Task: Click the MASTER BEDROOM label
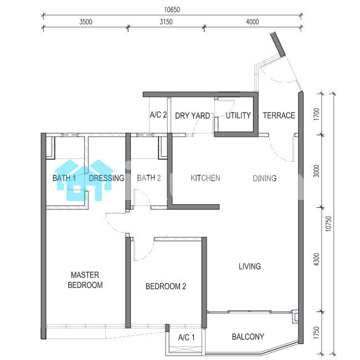pos(85,280)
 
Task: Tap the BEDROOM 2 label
pos(166,286)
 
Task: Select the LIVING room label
pos(250,266)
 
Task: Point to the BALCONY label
pos(248,337)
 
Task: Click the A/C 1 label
pos(186,337)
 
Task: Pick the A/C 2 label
pos(158,115)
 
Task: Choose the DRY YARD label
pos(193,116)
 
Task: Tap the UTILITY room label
pos(238,115)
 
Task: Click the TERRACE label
pos(279,115)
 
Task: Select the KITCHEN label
pos(205,178)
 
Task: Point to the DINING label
pos(265,178)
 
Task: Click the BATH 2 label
pos(149,178)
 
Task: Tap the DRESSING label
pos(106,178)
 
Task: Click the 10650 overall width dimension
pos(172,9)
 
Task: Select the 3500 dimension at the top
pos(86,22)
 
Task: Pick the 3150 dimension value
pos(166,22)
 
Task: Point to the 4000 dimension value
pos(253,22)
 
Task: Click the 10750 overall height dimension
pos(329,224)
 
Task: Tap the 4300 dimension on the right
pos(317,259)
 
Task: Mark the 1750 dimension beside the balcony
pos(317,333)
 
